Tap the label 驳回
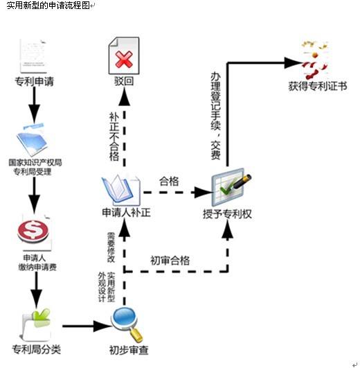[124, 81]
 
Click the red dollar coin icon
[33, 231]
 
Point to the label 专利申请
[34, 82]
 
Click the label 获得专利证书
[318, 87]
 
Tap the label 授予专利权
[227, 214]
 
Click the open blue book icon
[120, 190]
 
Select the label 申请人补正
[126, 212]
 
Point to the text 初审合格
[170, 261]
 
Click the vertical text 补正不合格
[114, 137]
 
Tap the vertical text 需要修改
[111, 247]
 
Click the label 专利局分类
[37, 349]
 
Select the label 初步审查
[129, 350]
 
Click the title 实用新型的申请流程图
[48, 6]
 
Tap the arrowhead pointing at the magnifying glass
[102, 326]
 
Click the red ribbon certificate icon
[314, 60]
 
